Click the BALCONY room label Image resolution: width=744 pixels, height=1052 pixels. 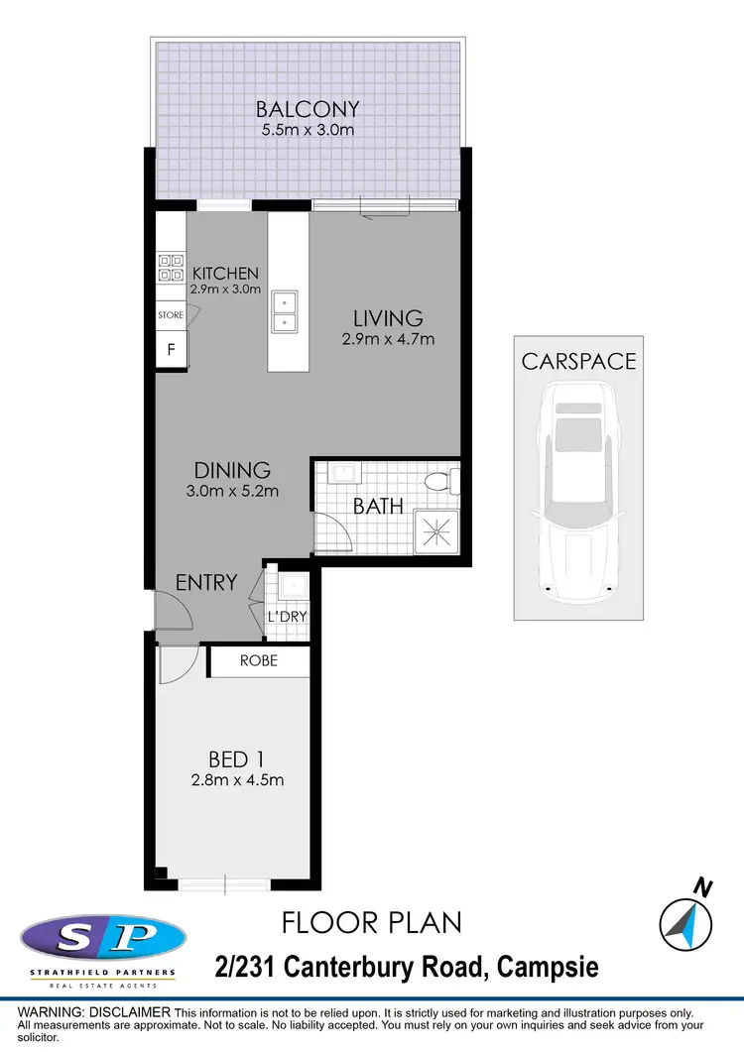(x=307, y=108)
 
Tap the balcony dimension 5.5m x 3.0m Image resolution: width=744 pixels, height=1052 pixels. (x=307, y=131)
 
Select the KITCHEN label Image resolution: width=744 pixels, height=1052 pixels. (x=225, y=274)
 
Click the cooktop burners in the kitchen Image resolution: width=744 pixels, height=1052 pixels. (x=170, y=268)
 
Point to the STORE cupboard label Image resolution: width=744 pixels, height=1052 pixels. (x=171, y=315)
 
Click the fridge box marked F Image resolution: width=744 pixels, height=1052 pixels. (x=171, y=349)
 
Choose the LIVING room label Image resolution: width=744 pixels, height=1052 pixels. (x=388, y=318)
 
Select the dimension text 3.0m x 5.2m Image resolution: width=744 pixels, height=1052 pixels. (x=231, y=491)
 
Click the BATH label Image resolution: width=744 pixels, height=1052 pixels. (x=378, y=507)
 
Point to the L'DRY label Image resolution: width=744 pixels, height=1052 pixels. (x=287, y=617)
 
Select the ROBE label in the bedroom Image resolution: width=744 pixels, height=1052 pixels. (x=259, y=660)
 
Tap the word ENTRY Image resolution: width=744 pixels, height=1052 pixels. (x=206, y=582)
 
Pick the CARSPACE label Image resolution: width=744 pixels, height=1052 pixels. (x=578, y=361)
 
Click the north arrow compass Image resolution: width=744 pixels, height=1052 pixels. (x=685, y=921)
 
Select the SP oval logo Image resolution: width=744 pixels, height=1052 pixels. (x=103, y=937)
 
